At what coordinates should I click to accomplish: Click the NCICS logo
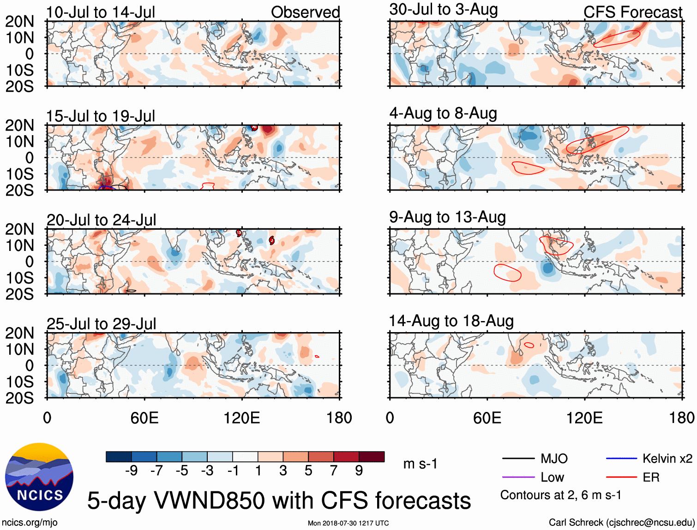pyautogui.click(x=39, y=477)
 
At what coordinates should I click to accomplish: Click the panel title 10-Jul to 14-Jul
pyautogui.click(x=101, y=12)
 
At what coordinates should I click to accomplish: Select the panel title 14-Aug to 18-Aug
pyautogui.click(x=451, y=321)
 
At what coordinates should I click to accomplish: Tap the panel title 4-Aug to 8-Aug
pyautogui.click(x=443, y=113)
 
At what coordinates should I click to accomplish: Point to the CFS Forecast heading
pyautogui.click(x=632, y=12)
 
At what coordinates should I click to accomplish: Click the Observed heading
pyautogui.click(x=305, y=12)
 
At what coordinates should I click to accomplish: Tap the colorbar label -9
pyautogui.click(x=131, y=470)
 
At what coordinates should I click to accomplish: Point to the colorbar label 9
pyautogui.click(x=359, y=470)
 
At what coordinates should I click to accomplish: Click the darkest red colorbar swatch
pyautogui.click(x=372, y=457)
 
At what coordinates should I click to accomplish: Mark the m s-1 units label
pyautogui.click(x=420, y=464)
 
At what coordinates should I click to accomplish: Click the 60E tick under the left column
pyautogui.click(x=144, y=418)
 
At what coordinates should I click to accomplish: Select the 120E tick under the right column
pyautogui.click(x=584, y=418)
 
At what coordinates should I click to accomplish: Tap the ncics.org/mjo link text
pyautogui.click(x=30, y=523)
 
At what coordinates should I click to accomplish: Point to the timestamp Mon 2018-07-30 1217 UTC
pyautogui.click(x=348, y=523)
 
